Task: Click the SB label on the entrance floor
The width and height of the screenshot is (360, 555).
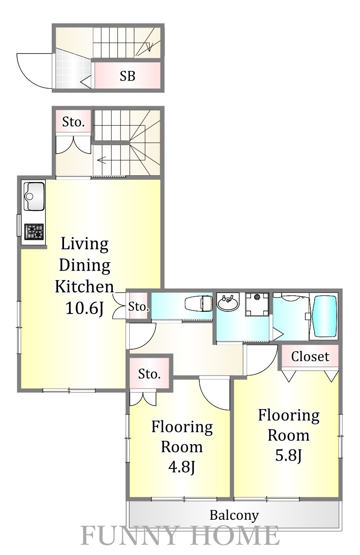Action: click(x=128, y=76)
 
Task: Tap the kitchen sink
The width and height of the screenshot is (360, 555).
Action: click(x=34, y=197)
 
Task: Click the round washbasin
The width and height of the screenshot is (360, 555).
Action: click(x=228, y=302)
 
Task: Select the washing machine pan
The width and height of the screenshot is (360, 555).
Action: click(x=257, y=305)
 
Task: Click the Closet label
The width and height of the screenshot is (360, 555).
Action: click(x=310, y=357)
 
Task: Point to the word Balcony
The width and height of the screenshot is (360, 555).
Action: click(x=234, y=516)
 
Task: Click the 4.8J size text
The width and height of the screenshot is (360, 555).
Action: click(x=182, y=467)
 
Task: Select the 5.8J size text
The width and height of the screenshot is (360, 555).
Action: click(x=288, y=455)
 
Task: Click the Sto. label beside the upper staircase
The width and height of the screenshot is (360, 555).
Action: click(x=73, y=122)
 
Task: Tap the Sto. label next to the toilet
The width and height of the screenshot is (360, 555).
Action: click(x=139, y=307)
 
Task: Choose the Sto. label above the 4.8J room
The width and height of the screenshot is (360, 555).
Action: click(x=149, y=374)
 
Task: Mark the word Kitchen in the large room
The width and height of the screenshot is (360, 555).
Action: click(x=84, y=287)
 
